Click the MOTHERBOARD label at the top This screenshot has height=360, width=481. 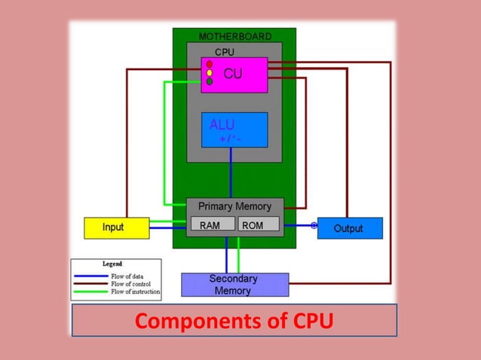point(234,36)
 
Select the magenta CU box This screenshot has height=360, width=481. point(234,75)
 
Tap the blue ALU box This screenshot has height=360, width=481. point(234,130)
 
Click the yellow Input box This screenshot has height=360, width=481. point(115,227)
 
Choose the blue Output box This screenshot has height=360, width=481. point(349,228)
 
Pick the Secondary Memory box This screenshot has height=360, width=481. point(234,285)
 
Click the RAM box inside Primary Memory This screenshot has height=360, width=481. point(212,224)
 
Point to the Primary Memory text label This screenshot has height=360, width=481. point(234,206)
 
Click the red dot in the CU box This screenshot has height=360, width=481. point(210,64)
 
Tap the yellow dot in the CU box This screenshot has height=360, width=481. point(210,73)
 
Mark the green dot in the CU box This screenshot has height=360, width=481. point(210,81)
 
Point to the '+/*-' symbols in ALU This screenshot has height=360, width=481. point(230,139)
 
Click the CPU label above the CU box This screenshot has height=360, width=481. point(225,52)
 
